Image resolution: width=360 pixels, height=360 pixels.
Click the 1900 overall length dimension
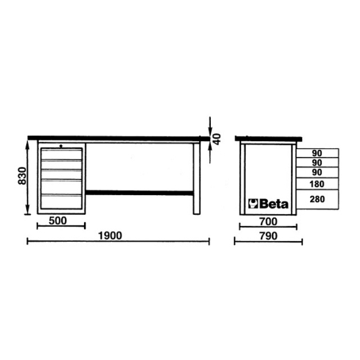click(110, 236)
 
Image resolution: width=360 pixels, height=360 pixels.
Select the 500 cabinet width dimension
click(58, 220)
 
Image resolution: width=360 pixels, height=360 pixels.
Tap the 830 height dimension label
click(22, 176)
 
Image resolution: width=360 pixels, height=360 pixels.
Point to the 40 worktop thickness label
click(216, 139)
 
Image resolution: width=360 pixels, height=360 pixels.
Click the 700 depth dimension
click(268, 221)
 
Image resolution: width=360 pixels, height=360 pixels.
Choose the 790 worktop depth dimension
click(268, 236)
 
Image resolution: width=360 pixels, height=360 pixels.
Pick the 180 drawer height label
click(317, 184)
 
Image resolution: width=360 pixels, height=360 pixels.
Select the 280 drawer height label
click(317, 199)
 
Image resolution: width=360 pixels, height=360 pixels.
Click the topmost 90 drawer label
click(317, 153)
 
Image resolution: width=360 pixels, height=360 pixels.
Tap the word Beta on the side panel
click(274, 204)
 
